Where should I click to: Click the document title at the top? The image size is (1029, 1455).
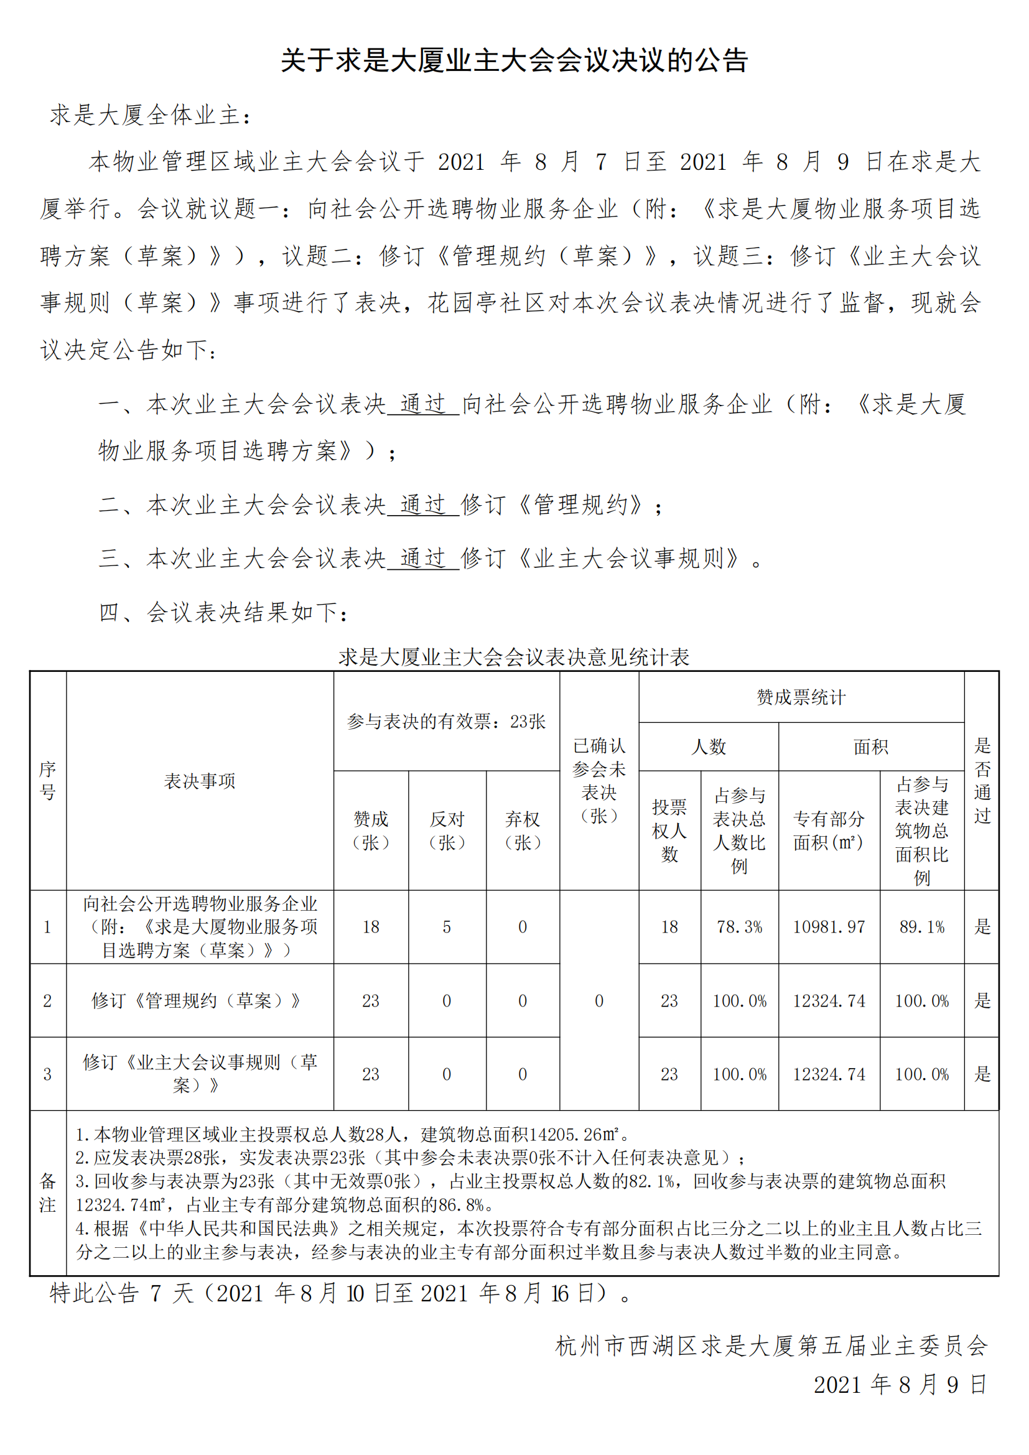pyautogui.click(x=514, y=61)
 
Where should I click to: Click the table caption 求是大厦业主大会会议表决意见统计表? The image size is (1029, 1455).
pyautogui.click(x=514, y=656)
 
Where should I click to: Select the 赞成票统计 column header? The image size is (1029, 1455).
pyautogui.click(x=801, y=697)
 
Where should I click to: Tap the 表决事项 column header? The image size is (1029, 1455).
pyautogui.click(x=200, y=781)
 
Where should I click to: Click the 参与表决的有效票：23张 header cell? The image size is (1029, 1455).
pyautogui.click(x=446, y=721)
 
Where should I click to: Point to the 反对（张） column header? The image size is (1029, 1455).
pyautogui.click(x=447, y=830)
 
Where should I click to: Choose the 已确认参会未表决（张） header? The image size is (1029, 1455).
pyautogui.click(x=598, y=781)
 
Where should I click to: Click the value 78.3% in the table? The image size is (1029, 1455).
pyautogui.click(x=740, y=927)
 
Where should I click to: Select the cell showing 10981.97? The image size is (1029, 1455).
pyautogui.click(x=829, y=927)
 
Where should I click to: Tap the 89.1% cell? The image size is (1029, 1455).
pyautogui.click(x=922, y=927)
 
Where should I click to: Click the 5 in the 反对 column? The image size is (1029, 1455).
pyautogui.click(x=447, y=927)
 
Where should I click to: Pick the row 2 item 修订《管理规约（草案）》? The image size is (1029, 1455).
pyautogui.click(x=197, y=1001)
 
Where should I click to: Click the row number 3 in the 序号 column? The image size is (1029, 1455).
pyautogui.click(x=47, y=1074)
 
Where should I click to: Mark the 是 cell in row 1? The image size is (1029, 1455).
pyautogui.click(x=982, y=927)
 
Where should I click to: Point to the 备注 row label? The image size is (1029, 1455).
pyautogui.click(x=47, y=1192)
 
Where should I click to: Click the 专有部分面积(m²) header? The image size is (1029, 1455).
pyautogui.click(x=829, y=830)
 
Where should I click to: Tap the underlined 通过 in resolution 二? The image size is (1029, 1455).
pyautogui.click(x=422, y=505)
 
